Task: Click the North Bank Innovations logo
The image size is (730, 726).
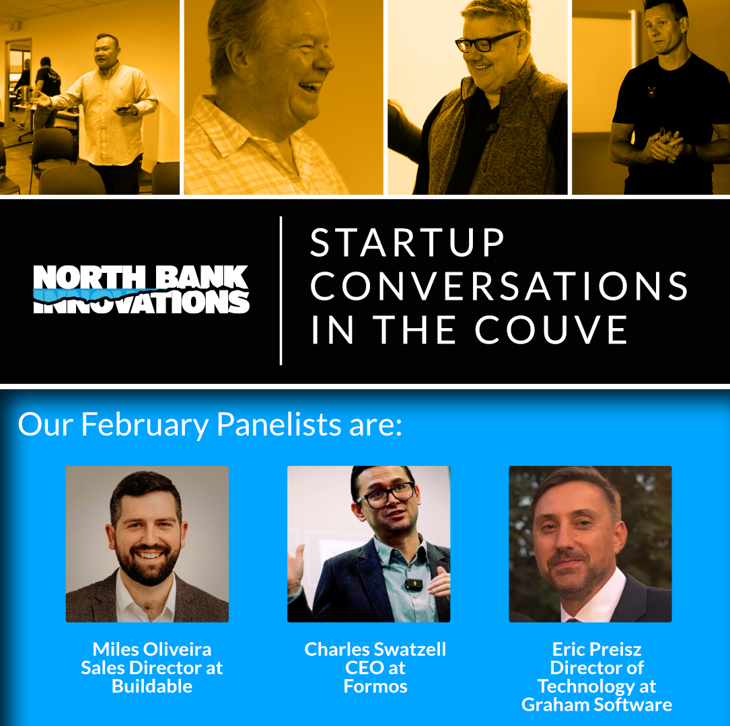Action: tap(141, 289)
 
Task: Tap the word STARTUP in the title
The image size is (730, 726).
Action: tap(407, 242)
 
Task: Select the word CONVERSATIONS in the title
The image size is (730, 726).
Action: tap(499, 286)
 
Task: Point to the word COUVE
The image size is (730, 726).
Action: tap(551, 330)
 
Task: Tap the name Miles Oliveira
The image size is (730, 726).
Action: tap(152, 649)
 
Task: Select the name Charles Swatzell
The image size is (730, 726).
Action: tap(375, 649)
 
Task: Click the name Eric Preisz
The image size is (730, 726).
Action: tap(597, 649)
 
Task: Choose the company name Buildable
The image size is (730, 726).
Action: tap(152, 686)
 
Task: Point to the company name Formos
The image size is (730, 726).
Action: tap(375, 686)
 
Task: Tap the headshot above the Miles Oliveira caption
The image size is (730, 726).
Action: tap(147, 544)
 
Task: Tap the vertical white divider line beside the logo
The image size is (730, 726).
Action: tap(281, 290)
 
